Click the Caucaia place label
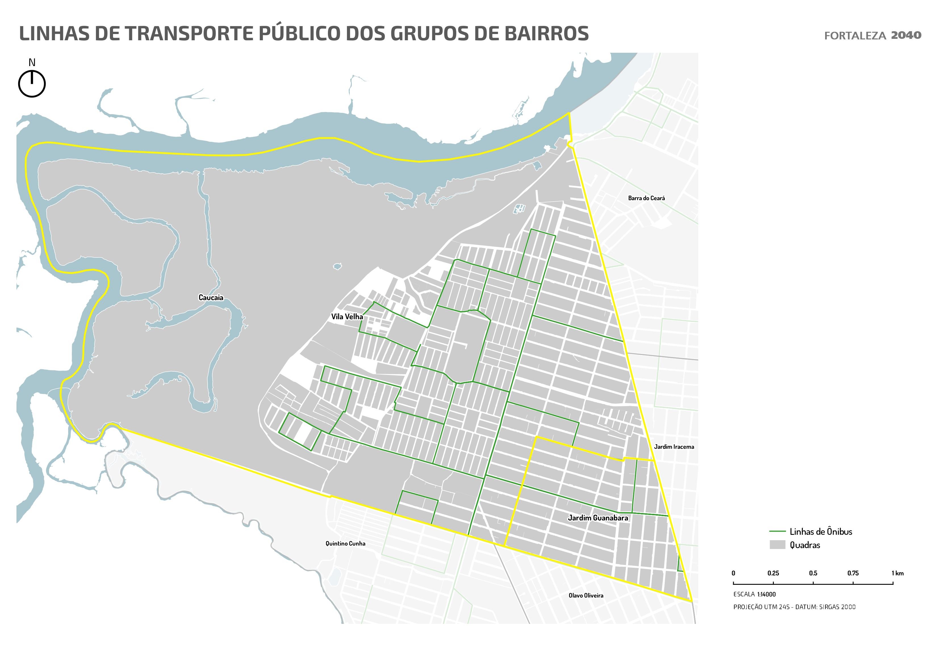211,297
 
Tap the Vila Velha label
347,316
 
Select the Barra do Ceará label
646,198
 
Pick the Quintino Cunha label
345,543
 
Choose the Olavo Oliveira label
586,595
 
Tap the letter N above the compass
32,62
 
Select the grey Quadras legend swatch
777,545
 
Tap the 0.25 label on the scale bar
773,574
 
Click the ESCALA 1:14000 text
754,594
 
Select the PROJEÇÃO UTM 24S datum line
794,607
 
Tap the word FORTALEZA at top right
855,36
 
